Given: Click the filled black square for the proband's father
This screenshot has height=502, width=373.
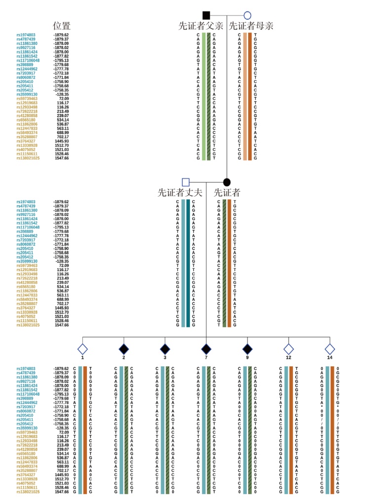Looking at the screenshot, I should click(x=207, y=16).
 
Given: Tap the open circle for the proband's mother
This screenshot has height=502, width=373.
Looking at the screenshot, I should click(x=248, y=16).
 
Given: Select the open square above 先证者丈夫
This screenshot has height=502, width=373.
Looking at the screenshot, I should click(x=186, y=182).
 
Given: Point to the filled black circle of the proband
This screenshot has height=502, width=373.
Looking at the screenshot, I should click(x=227, y=182).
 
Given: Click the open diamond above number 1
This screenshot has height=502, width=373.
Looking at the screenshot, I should click(x=83, y=348).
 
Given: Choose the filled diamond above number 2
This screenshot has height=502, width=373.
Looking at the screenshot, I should click(x=124, y=348).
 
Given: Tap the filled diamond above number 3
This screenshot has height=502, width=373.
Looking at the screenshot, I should click(x=165, y=348).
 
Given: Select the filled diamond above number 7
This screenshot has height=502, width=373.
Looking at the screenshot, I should click(x=206, y=348).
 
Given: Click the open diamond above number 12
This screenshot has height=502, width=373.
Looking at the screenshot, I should click(x=289, y=348).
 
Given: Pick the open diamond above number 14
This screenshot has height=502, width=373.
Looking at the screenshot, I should click(x=330, y=348).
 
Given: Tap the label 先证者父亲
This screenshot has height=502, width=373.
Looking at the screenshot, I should click(x=202, y=26).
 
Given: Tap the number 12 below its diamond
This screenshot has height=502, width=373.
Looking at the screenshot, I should click(x=289, y=358).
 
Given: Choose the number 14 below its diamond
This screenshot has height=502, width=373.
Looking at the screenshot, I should click(x=330, y=358).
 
